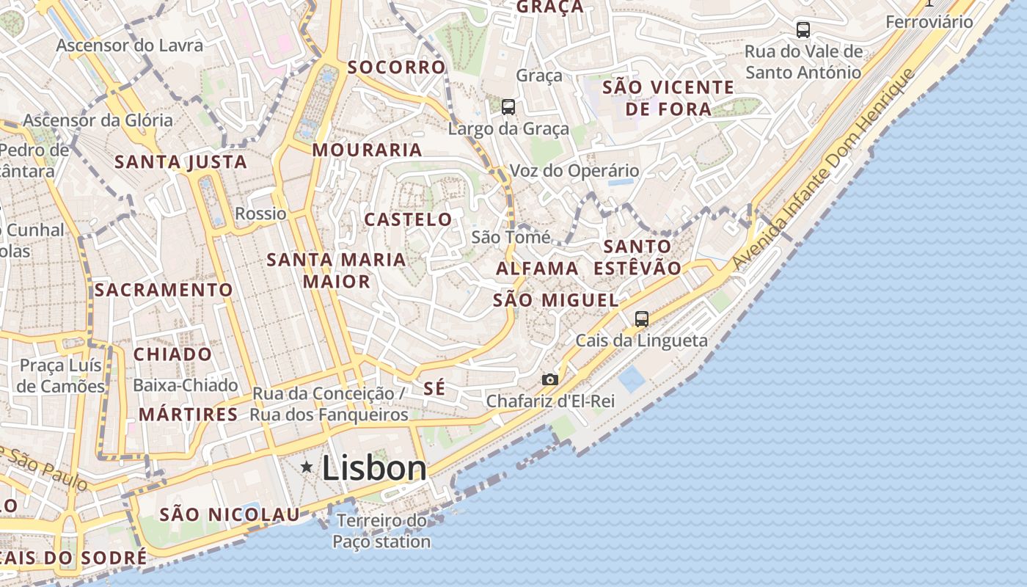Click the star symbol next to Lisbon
307,467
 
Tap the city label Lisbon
374,468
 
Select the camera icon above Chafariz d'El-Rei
549,379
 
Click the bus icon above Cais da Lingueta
642,318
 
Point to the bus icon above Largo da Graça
508,107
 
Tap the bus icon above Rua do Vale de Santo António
803,30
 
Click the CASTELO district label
409,219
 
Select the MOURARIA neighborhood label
368,150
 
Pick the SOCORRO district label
396,68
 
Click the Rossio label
260,214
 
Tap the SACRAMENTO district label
164,290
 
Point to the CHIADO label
172,354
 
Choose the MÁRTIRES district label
189,415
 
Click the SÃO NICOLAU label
230,514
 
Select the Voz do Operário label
574,171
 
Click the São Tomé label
511,237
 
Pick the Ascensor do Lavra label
130,45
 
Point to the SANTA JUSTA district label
181,161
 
